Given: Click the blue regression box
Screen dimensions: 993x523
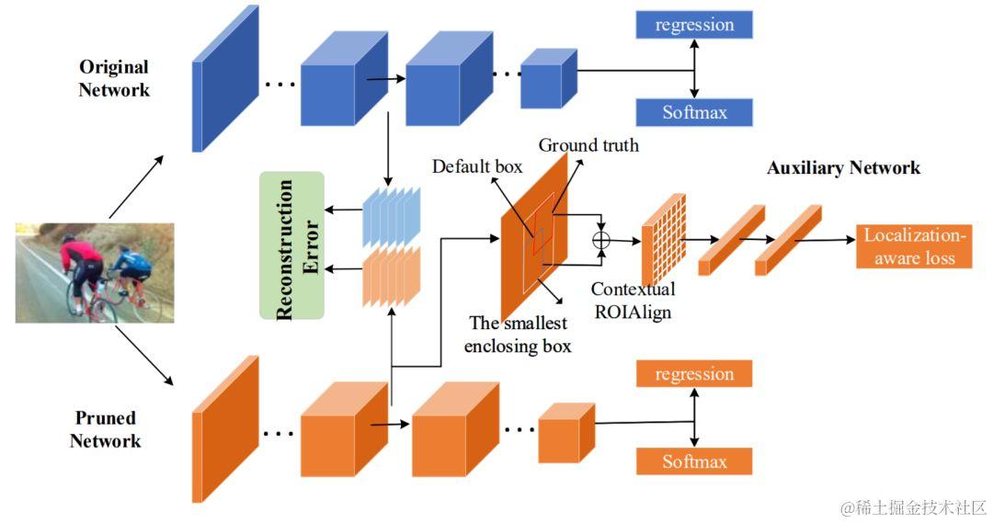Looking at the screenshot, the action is (694, 25).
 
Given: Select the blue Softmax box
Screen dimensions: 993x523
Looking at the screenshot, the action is (694, 112).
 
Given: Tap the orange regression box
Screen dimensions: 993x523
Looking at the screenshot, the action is (694, 373).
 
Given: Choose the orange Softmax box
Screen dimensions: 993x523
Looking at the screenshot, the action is (694, 460).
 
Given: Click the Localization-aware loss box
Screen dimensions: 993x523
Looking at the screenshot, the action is (914, 246).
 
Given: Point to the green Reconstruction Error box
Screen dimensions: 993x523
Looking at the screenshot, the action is (292, 245).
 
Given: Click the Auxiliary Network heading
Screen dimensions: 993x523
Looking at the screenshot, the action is (843, 168).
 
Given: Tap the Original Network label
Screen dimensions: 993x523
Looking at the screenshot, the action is (114, 78).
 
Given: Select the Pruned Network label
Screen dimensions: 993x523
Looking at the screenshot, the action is (105, 429).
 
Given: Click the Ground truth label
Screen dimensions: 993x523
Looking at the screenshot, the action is (588, 145).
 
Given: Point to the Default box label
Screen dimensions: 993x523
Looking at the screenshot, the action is (477, 166).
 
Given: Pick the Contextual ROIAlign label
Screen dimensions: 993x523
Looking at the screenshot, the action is (633, 301).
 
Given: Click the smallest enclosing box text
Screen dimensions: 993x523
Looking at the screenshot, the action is (518, 335).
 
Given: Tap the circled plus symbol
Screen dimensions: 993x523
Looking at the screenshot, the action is (601, 240).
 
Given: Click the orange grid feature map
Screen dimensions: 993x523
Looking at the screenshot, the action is (664, 239).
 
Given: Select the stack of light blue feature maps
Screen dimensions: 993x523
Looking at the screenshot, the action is (392, 216).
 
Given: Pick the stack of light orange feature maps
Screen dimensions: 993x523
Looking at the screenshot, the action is (392, 276).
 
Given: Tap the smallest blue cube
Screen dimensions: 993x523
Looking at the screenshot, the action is (548, 78).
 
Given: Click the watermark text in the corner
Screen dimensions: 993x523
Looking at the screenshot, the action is (914, 507).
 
